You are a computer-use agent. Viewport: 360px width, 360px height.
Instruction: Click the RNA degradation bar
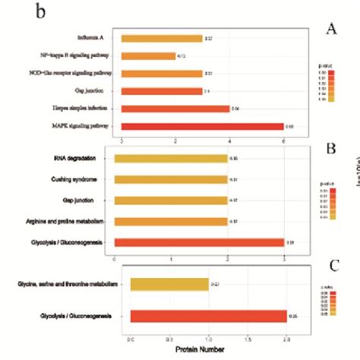tap(170, 159)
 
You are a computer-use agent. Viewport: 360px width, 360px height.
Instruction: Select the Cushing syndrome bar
tap(170, 179)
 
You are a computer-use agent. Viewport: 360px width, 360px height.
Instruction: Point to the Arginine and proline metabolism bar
tap(170, 221)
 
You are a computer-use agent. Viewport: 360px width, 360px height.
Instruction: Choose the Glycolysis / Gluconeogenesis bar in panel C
tap(208, 317)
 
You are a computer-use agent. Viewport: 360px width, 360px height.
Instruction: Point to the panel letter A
tap(330, 29)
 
